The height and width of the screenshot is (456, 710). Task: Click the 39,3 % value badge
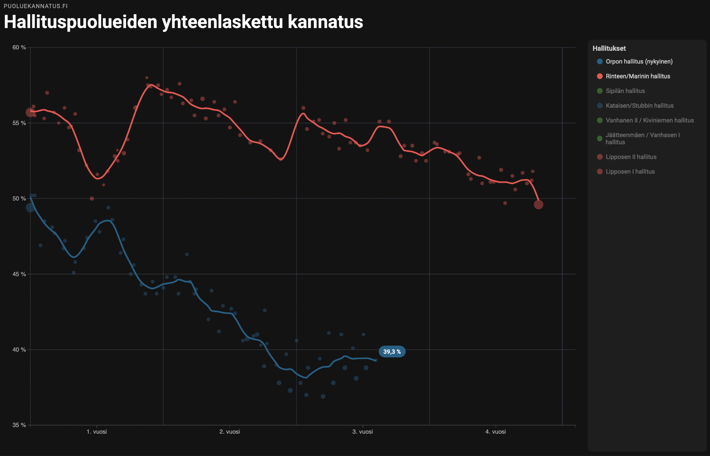pyautogui.click(x=392, y=352)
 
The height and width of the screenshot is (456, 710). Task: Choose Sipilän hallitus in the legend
pyautogui.click(x=625, y=91)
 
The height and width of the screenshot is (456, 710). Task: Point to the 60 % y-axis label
pyautogui.click(x=19, y=48)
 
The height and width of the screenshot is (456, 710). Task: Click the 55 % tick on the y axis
pyautogui.click(x=19, y=123)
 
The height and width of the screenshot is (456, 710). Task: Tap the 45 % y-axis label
pyautogui.click(x=19, y=274)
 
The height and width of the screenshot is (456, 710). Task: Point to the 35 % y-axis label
pyautogui.click(x=19, y=425)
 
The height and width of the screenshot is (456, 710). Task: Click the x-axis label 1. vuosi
pyautogui.click(x=97, y=432)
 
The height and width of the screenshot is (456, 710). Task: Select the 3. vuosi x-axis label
pyautogui.click(x=362, y=432)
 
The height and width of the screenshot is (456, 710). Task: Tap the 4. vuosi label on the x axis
pyautogui.click(x=496, y=432)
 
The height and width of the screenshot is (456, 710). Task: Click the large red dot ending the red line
pyautogui.click(x=538, y=204)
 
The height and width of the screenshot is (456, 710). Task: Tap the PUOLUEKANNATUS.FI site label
pyautogui.click(x=36, y=6)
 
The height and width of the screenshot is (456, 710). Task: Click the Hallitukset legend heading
pyautogui.click(x=609, y=49)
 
